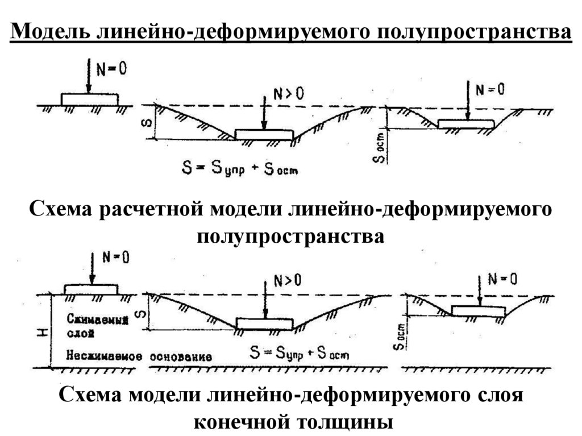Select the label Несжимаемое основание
coord(139,357)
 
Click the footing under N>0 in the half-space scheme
coord(264,135)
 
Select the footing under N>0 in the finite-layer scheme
coord(265,324)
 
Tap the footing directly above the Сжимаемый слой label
coord(91,289)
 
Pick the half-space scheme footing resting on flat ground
coord(90,99)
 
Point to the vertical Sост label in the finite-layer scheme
coord(401,337)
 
